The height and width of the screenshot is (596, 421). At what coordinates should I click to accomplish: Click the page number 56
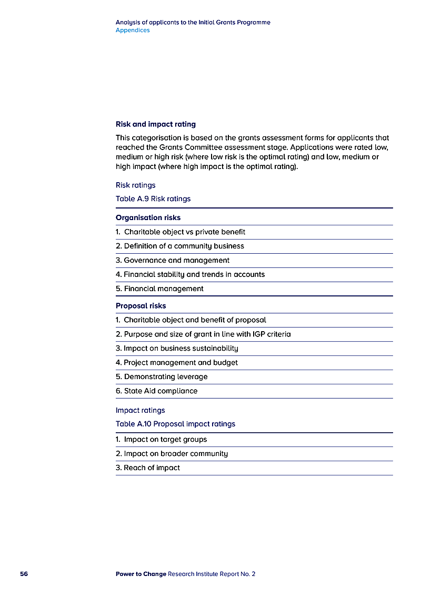24,574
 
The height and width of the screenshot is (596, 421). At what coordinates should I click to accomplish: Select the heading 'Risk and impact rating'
156,124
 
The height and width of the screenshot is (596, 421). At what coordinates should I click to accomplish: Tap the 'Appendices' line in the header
133,31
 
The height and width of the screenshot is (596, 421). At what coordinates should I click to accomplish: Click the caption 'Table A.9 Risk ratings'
153,199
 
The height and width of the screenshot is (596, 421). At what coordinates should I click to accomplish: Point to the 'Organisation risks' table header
148,217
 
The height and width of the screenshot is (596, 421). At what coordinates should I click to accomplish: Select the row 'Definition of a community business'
180,246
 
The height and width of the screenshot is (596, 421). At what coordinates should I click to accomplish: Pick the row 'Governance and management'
173,260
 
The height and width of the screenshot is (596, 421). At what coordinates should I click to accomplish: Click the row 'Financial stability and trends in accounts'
191,274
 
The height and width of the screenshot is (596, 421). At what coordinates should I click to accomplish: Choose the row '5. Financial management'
159,289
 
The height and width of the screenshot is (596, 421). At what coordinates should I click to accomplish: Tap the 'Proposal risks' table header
141,305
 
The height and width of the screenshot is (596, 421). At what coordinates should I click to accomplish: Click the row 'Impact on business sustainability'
177,348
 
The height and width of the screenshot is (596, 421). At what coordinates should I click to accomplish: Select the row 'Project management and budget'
177,362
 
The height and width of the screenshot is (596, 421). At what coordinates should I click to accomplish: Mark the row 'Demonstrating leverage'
162,376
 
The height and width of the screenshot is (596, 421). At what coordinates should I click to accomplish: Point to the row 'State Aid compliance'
157,391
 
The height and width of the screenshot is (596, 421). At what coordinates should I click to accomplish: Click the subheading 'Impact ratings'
141,410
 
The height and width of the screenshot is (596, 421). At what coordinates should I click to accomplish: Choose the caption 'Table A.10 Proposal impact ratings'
175,424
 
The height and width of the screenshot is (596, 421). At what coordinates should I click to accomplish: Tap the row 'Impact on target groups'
162,439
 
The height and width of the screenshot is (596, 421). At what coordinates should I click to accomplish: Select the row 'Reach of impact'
148,468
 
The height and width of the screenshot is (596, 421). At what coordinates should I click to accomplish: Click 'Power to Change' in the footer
141,574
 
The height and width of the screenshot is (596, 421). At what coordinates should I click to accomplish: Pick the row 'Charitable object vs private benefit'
181,232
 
